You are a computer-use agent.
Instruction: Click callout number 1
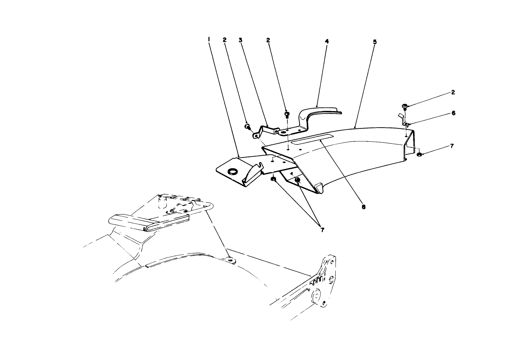point(209,40)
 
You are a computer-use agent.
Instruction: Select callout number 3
point(240,40)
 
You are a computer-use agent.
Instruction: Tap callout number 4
point(327,41)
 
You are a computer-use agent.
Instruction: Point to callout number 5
point(375,42)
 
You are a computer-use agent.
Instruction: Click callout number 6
point(453,113)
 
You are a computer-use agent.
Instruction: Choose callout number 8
point(363,207)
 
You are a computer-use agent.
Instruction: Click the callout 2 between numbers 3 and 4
point(268,40)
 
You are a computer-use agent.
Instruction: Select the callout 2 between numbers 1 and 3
point(224,40)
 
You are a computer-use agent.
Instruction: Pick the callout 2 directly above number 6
point(453,92)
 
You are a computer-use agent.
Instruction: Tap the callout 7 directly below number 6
point(452,146)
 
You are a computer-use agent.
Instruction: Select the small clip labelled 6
point(404,120)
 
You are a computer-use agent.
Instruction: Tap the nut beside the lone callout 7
point(419,154)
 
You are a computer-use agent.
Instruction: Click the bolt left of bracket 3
point(247,127)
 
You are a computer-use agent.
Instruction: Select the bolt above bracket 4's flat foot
point(287,115)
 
